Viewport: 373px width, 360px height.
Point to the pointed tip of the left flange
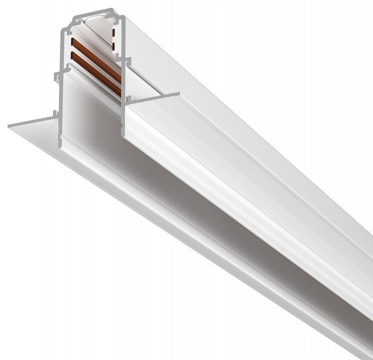[10, 126]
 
